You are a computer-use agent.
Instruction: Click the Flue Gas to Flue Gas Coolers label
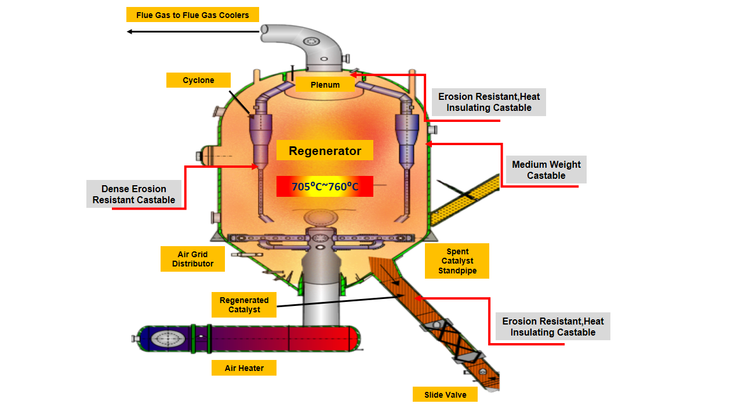tap(192, 15)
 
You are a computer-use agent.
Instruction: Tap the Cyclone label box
tap(198, 80)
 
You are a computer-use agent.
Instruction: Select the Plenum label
tap(325, 85)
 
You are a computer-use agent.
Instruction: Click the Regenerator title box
tap(325, 151)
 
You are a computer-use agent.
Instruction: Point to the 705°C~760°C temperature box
tap(325, 186)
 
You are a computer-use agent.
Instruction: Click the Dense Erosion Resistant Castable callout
tap(134, 194)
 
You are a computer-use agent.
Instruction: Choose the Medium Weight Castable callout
tap(546, 170)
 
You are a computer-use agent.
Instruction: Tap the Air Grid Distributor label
tap(192, 259)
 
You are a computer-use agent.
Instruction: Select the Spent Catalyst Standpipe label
tap(457, 261)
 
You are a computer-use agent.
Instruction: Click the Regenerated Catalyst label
tap(244, 305)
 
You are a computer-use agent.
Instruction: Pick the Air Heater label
tap(244, 368)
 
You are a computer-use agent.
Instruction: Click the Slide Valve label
tap(445, 395)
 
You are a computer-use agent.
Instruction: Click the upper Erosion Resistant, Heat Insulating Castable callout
tap(489, 102)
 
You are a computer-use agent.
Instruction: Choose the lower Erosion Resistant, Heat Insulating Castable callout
tap(552, 327)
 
